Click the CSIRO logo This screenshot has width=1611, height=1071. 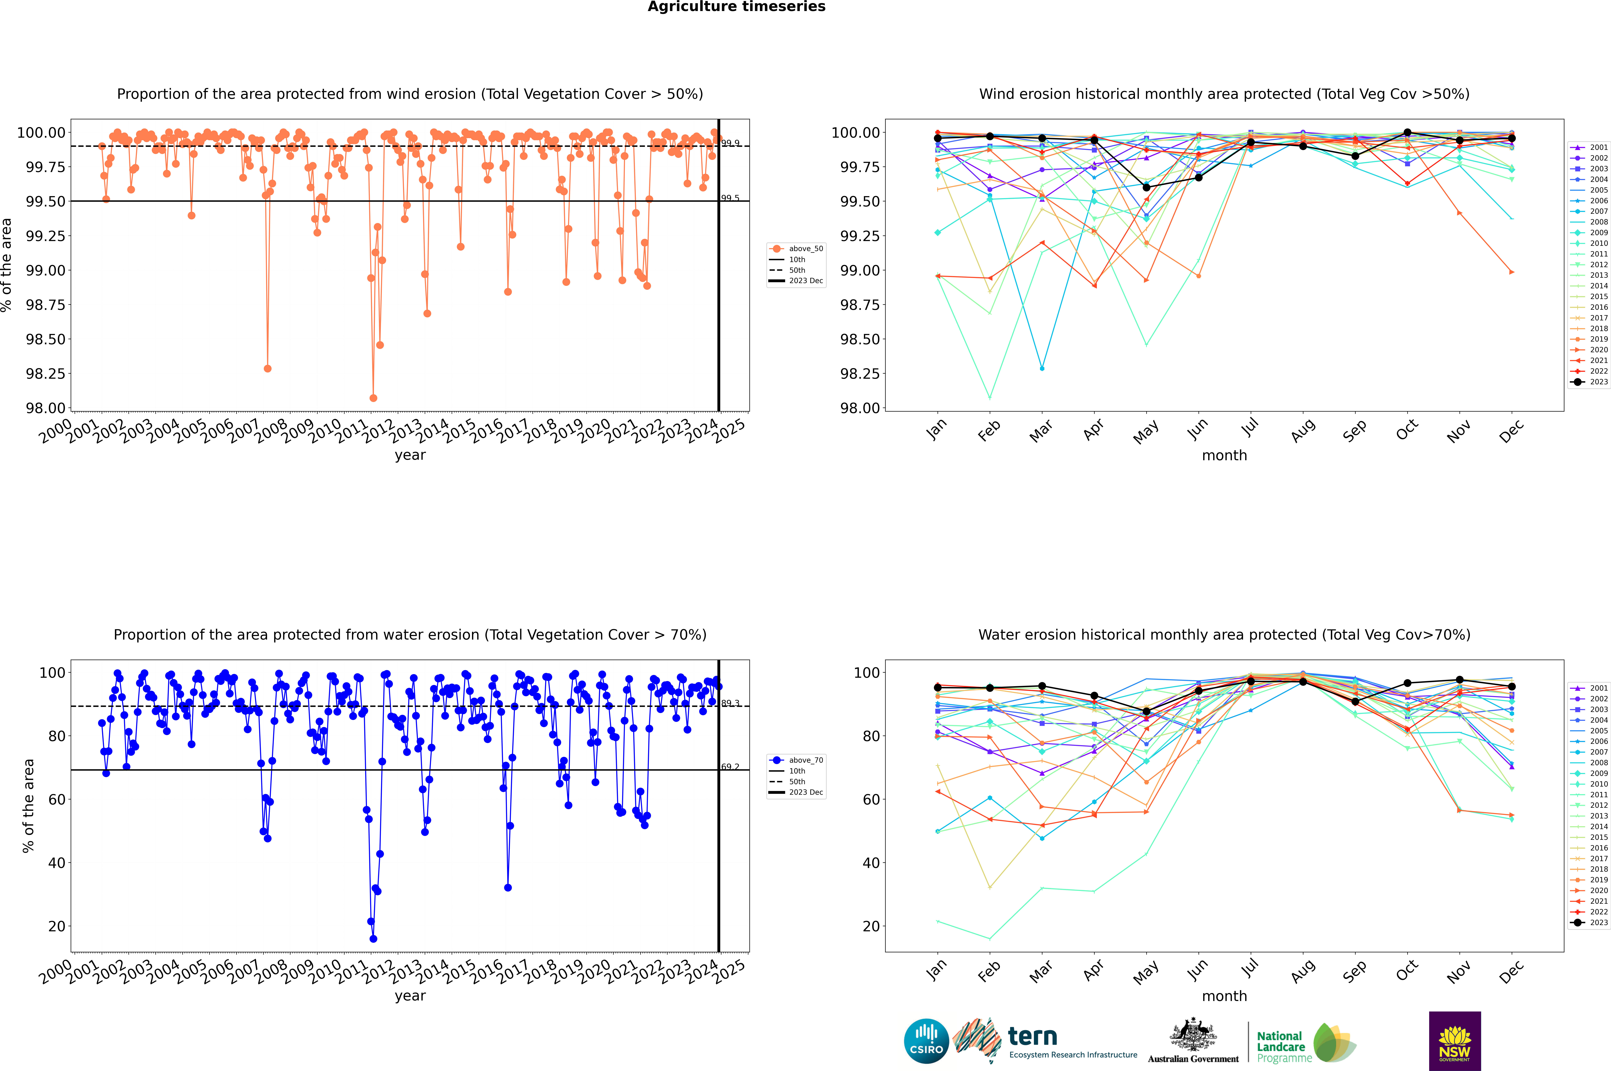(926, 1041)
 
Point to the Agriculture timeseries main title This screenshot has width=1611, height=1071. (736, 7)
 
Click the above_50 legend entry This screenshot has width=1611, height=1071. (796, 249)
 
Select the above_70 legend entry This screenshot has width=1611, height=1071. (796, 760)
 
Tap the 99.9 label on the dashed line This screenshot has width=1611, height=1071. (730, 143)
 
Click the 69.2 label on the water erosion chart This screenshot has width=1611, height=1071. (730, 766)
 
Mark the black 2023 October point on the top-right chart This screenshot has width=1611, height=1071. (1407, 133)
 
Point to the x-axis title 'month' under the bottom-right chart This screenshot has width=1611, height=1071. (1224, 996)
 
